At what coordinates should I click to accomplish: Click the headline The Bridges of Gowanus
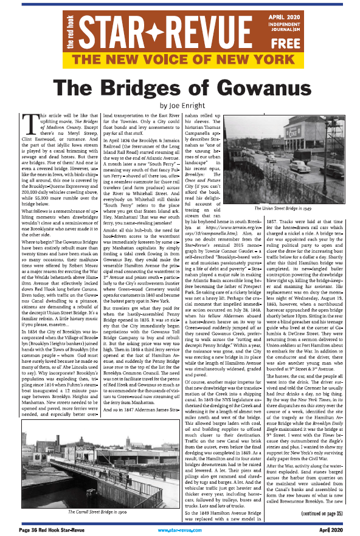[x=180, y=87]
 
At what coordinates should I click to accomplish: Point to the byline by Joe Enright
[x=180, y=104]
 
